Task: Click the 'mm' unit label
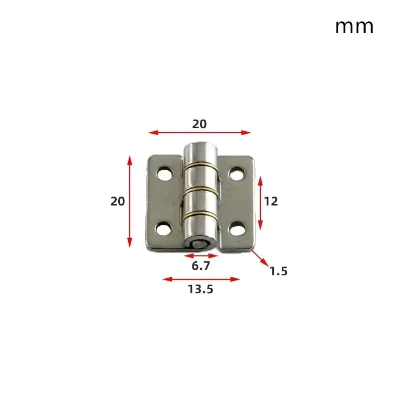click(354, 26)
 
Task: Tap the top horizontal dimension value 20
click(199, 124)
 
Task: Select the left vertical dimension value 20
click(118, 201)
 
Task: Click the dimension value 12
click(271, 201)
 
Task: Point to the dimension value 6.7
click(200, 266)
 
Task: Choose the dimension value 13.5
click(200, 289)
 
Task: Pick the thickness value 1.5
click(279, 271)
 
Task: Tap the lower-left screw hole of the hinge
click(162, 229)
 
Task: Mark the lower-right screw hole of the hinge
click(237, 229)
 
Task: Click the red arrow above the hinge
click(199, 133)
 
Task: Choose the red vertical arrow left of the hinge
click(130, 201)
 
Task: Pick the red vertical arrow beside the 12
click(260, 201)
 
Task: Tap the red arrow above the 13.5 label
click(201, 279)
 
